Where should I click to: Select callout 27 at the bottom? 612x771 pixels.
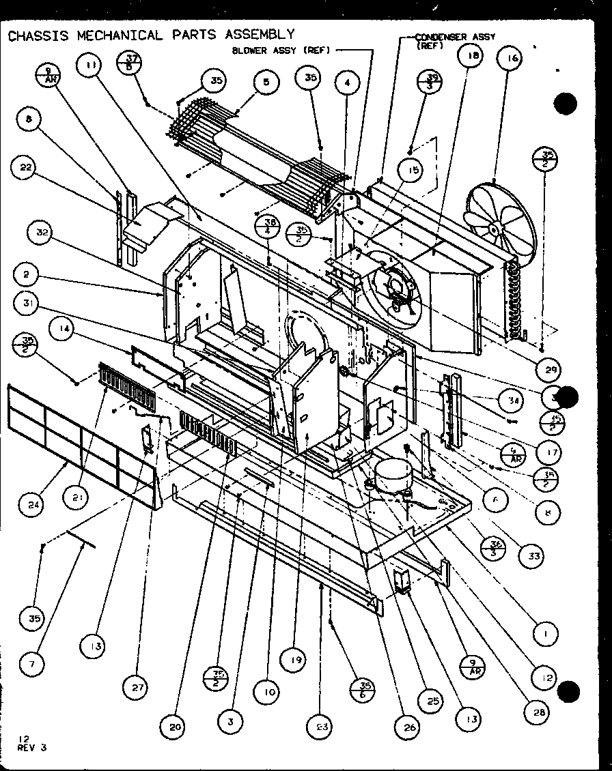click(139, 687)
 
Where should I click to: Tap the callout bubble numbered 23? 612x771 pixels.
click(320, 727)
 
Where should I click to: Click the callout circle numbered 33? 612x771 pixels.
click(533, 556)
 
